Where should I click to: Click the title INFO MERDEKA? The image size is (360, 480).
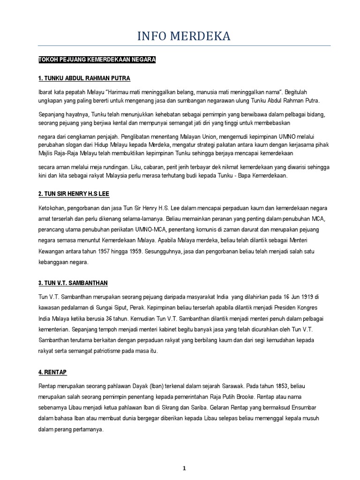(x=184, y=36)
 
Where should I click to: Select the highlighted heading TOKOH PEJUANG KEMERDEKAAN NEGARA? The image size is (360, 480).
(x=97, y=60)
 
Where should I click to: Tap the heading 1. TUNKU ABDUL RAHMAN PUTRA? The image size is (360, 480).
(x=84, y=78)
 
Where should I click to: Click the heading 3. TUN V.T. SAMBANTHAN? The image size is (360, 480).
(x=73, y=283)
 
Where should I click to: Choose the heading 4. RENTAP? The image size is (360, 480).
(x=52, y=372)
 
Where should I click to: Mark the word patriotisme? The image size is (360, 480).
(x=103, y=351)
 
